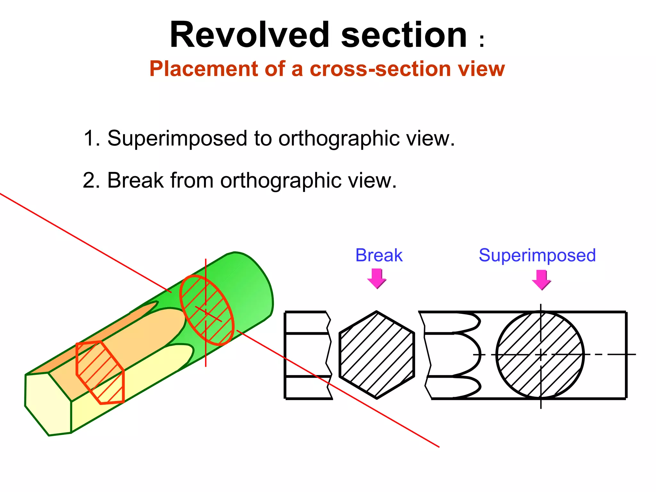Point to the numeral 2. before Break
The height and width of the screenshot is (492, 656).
[x=92, y=180]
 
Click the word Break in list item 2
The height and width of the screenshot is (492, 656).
[x=135, y=180]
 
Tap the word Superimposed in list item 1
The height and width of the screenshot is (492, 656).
[x=177, y=138]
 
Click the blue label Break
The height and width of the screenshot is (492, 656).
[x=379, y=255]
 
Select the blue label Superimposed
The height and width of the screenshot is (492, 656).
[x=537, y=255]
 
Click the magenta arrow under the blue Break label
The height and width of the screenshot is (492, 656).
[x=377, y=278]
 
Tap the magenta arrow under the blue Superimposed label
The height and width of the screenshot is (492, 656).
[x=541, y=280]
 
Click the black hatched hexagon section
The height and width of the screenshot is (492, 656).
[x=377, y=355]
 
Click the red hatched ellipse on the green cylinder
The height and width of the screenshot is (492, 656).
[x=206, y=310]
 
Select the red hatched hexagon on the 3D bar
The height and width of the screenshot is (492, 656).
[x=100, y=373]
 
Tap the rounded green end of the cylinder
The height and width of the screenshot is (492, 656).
[x=256, y=288]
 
